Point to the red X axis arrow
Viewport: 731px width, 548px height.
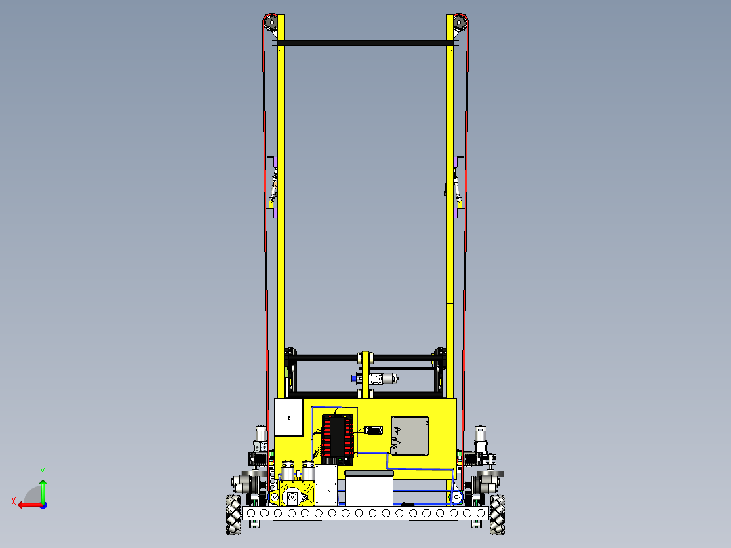tap(26, 504)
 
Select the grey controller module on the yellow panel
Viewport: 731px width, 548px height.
tap(410, 435)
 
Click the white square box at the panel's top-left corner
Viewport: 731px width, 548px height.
tap(288, 417)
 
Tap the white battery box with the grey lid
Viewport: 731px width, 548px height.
tap(370, 487)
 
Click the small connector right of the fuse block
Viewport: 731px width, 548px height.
tap(374, 430)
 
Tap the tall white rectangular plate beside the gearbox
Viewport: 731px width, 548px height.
tap(326, 484)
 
